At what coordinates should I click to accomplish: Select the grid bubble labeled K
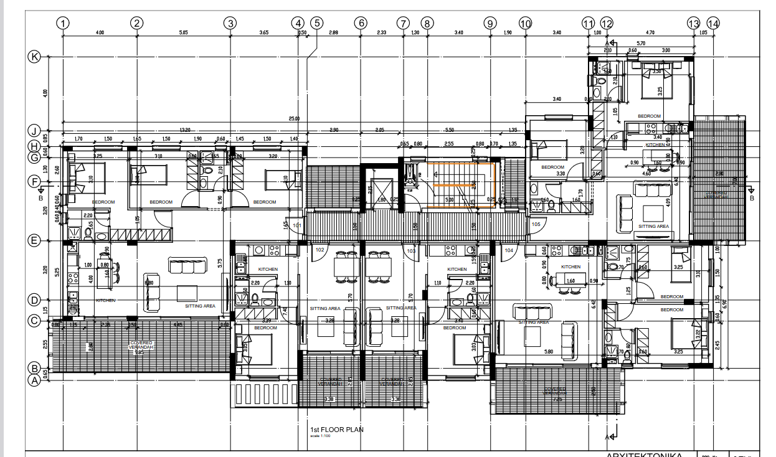point(35,57)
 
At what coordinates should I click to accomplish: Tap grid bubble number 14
point(713,23)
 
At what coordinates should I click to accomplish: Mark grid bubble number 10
point(525,23)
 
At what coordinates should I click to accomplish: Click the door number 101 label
point(296,225)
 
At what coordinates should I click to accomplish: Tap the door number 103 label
point(411,250)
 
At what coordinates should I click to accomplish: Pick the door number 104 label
point(509,250)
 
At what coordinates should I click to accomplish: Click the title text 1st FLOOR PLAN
point(336,430)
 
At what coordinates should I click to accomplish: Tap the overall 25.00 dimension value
point(294,118)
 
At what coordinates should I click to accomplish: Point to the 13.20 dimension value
point(185,130)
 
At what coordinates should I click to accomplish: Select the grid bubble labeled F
point(35,182)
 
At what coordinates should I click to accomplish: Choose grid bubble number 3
point(230,23)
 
